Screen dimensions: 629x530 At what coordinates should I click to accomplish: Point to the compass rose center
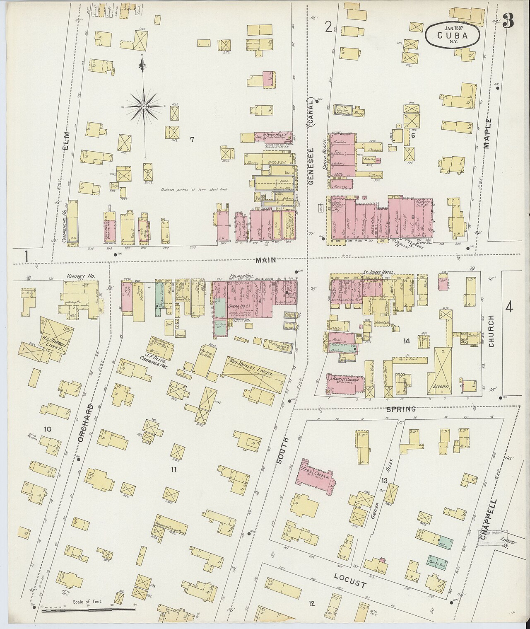click(x=143, y=107)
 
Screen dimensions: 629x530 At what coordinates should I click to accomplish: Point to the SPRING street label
click(x=400, y=409)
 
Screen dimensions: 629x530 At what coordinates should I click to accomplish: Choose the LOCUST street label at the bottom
click(x=350, y=581)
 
